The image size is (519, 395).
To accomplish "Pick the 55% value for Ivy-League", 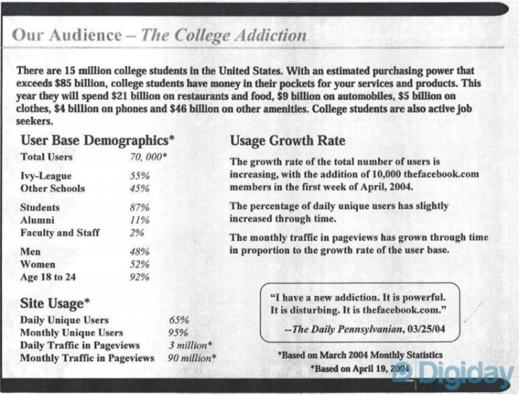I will click(x=139, y=175).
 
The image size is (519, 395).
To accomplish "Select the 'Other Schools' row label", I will click(x=53, y=188).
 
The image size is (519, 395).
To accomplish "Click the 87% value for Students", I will click(x=139, y=207).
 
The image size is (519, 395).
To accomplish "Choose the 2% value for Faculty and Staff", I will click(x=137, y=233).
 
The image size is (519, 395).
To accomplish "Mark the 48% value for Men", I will click(x=139, y=251).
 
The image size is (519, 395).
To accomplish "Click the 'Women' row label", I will click(x=39, y=265).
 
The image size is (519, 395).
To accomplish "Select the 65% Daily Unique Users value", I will click(x=178, y=320).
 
